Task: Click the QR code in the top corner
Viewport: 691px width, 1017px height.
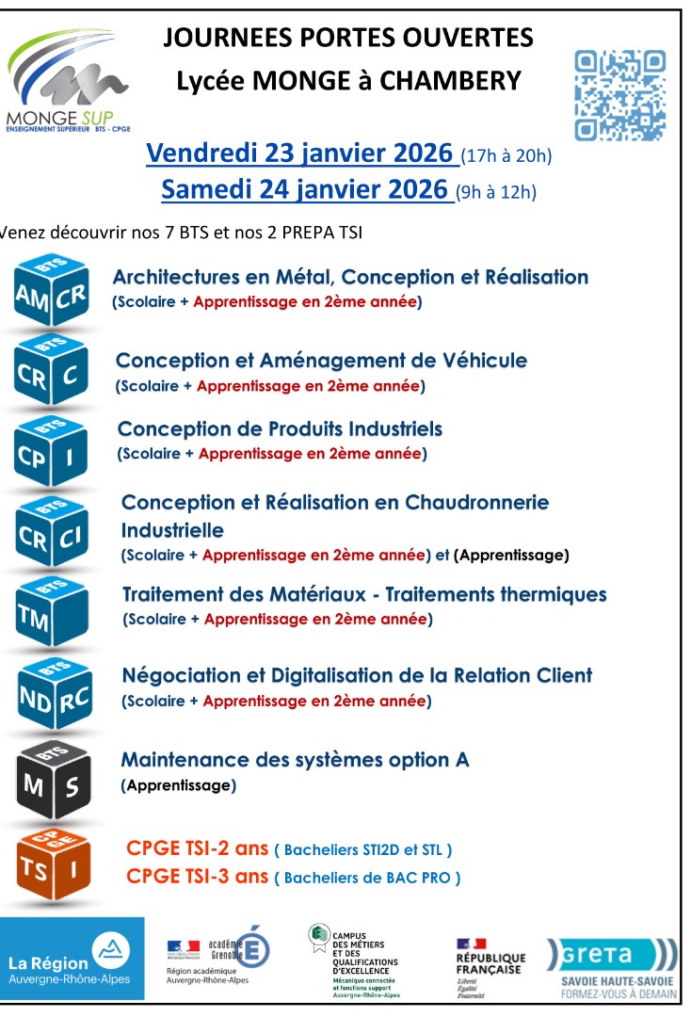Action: [x=619, y=96]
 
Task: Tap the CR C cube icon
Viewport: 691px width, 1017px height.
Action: [x=51, y=374]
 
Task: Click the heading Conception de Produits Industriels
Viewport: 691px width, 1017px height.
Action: [x=280, y=429]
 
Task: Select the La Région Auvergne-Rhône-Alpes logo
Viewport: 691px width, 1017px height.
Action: [x=72, y=959]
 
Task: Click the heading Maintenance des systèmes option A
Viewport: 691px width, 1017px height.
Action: [x=295, y=760]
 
